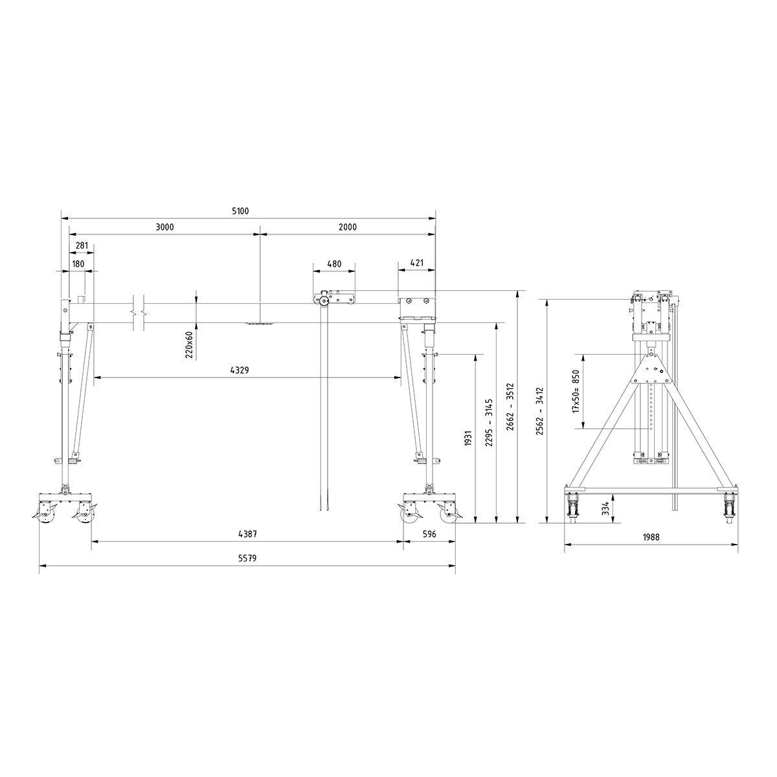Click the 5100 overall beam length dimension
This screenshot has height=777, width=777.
(x=240, y=211)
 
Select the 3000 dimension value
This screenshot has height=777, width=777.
(x=164, y=227)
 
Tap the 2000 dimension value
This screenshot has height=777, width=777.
(x=347, y=227)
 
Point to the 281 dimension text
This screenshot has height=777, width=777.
(x=82, y=245)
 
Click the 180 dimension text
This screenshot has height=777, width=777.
(x=78, y=264)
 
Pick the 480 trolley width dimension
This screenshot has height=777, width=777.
(x=334, y=264)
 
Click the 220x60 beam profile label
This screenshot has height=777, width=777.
(x=188, y=344)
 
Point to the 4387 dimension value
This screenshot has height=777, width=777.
(x=247, y=534)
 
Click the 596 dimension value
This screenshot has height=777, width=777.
(x=429, y=534)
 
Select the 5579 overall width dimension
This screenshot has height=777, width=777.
(x=247, y=557)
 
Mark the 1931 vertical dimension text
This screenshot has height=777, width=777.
(x=468, y=440)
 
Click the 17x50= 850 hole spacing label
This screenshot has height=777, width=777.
(x=575, y=392)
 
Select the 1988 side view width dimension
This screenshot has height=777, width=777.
(x=651, y=537)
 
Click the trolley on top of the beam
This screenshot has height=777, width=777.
(x=334, y=298)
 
